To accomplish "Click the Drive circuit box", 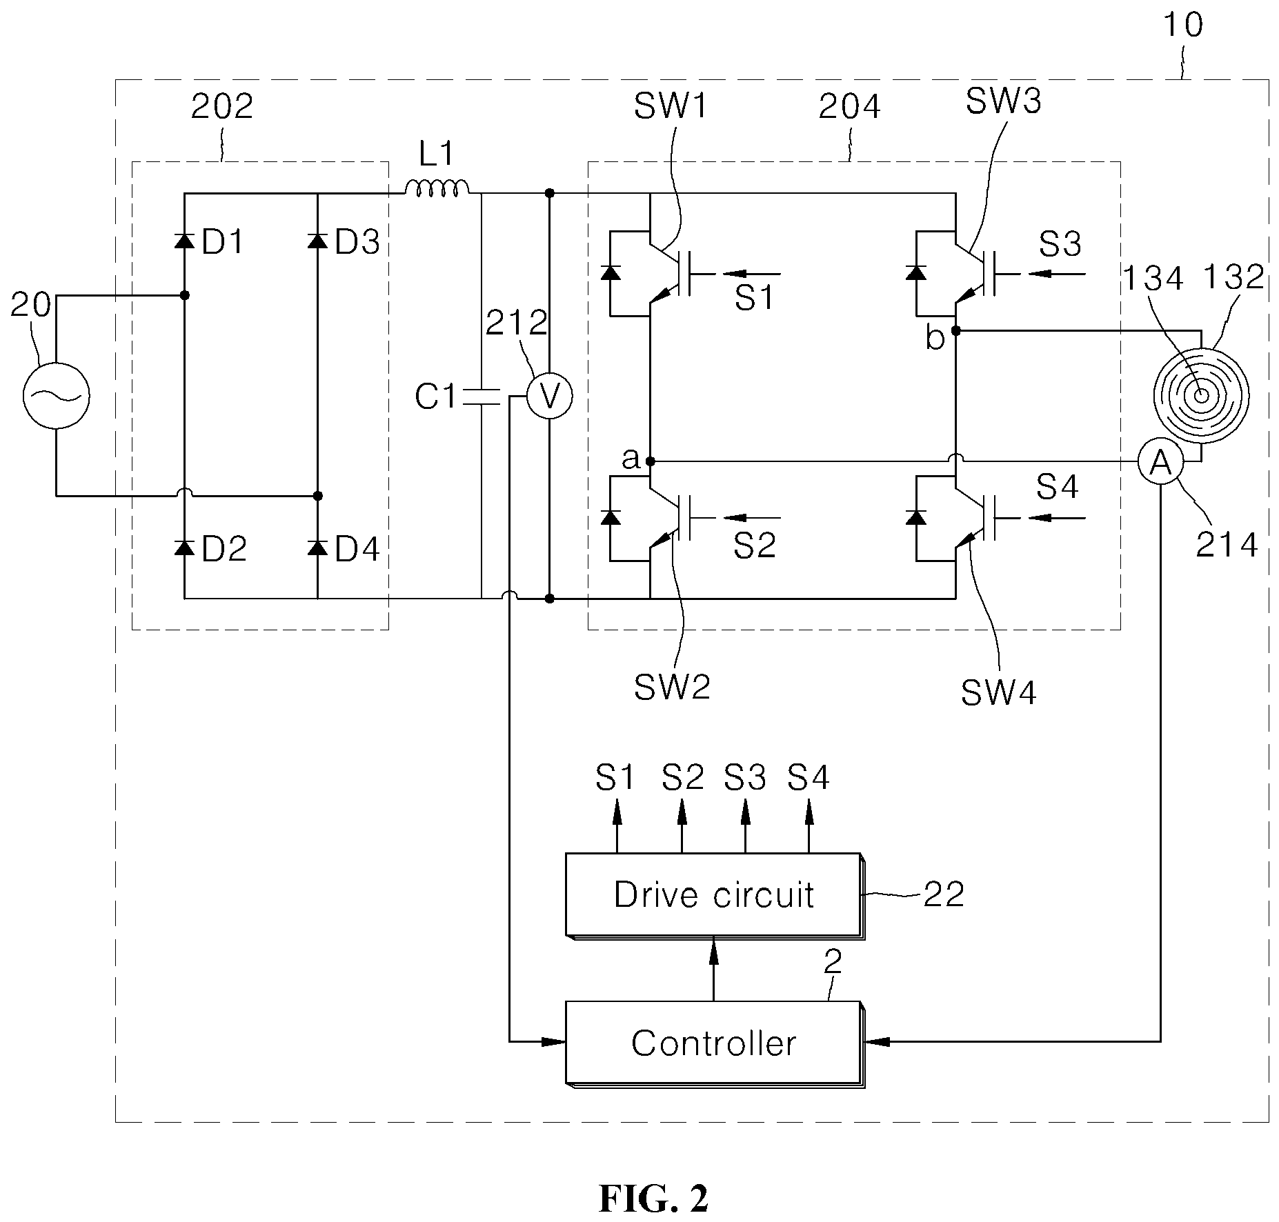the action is pyautogui.click(x=714, y=896).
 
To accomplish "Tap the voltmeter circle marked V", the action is pyautogui.click(x=549, y=397).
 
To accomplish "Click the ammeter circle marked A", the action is pyautogui.click(x=1162, y=463).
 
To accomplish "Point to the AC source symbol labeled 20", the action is pyautogui.click(x=57, y=396).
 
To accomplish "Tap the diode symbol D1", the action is pyautogui.click(x=184, y=241).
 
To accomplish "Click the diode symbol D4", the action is pyautogui.click(x=317, y=548).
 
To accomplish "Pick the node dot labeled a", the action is pyautogui.click(x=650, y=461).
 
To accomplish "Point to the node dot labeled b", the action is pyautogui.click(x=955, y=331).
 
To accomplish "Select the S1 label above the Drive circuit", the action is pyautogui.click(x=615, y=778).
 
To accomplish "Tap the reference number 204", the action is pyautogui.click(x=850, y=108).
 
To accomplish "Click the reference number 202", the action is pyautogui.click(x=222, y=106).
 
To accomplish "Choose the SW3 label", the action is pyautogui.click(x=1003, y=101).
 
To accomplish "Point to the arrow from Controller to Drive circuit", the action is pyautogui.click(x=714, y=970).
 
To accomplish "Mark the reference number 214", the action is pyautogui.click(x=1227, y=545).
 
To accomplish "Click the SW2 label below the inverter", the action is pyautogui.click(x=672, y=687).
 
